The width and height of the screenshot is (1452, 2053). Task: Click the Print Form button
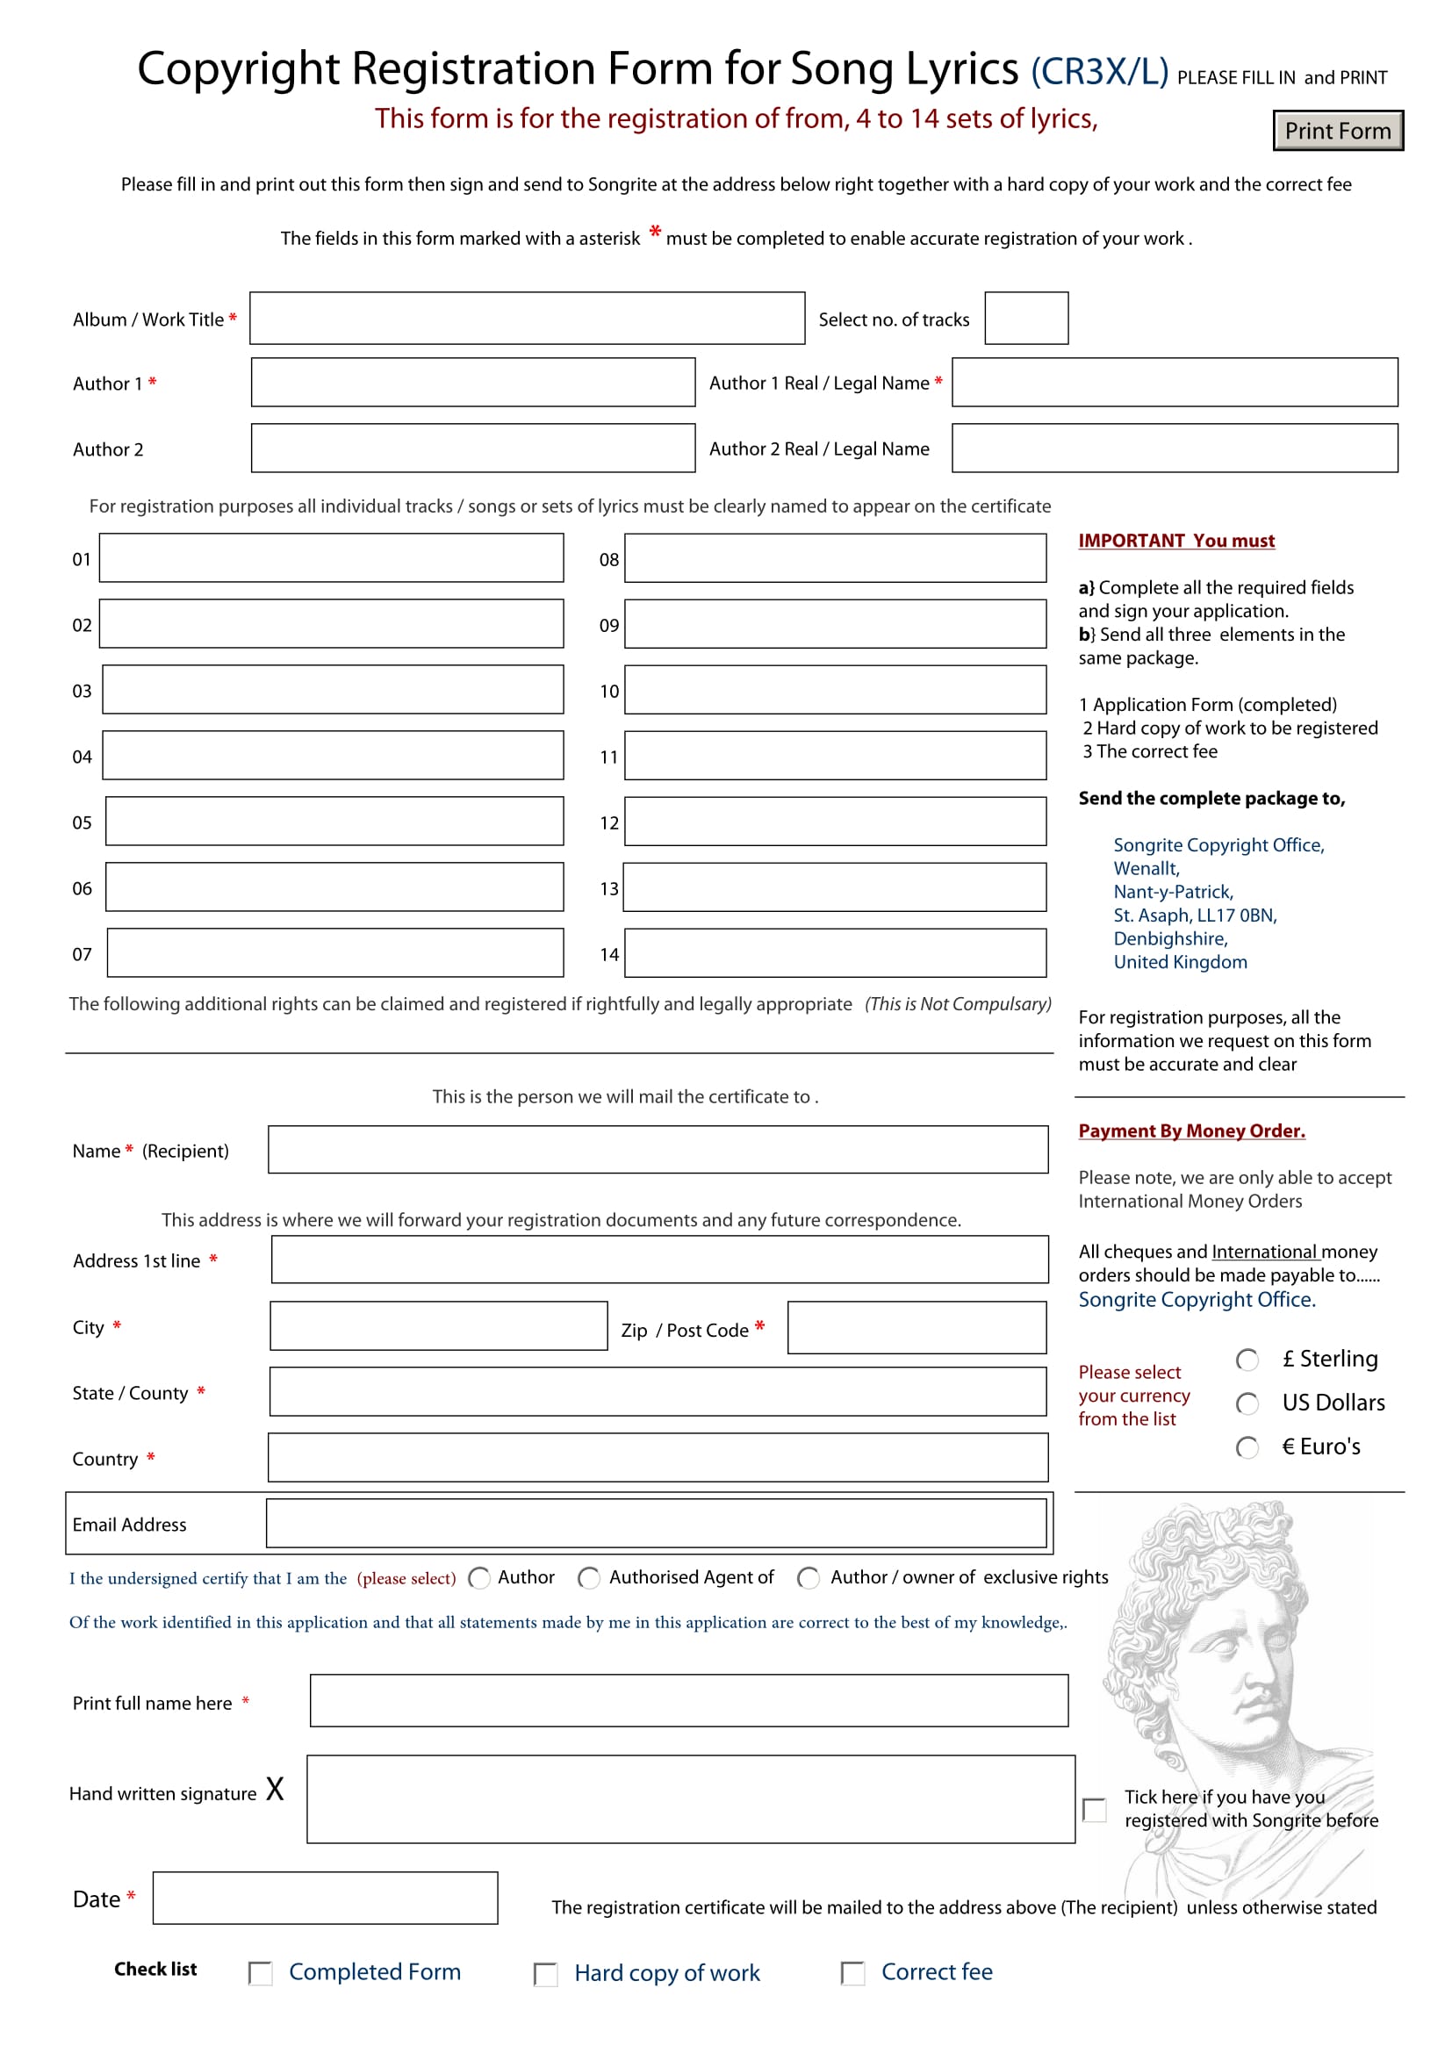(1337, 131)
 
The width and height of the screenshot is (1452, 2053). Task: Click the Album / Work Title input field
(527, 318)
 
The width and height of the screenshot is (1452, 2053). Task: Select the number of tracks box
(1025, 318)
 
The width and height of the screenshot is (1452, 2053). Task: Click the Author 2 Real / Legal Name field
(1174, 448)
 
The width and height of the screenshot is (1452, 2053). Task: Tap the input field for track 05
(334, 821)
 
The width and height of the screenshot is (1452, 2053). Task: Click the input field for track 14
(834, 952)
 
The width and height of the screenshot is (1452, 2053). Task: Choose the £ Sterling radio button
(1247, 1360)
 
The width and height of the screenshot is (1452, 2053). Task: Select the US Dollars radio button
(1247, 1403)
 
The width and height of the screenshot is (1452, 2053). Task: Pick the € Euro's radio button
(1247, 1447)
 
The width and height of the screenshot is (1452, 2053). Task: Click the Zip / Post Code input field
(916, 1328)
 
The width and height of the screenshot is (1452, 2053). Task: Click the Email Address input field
(657, 1524)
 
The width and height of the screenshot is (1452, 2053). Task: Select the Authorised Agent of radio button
(588, 1578)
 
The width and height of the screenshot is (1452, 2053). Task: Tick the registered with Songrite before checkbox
(1095, 1810)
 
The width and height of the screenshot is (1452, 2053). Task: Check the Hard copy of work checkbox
(545, 1974)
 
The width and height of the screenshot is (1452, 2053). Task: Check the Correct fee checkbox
(853, 1973)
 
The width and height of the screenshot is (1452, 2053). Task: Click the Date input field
(325, 1899)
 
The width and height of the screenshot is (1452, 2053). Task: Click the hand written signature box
(690, 1799)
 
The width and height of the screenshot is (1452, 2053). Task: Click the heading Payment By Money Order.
(1191, 1131)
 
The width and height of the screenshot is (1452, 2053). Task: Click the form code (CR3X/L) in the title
(1099, 71)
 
